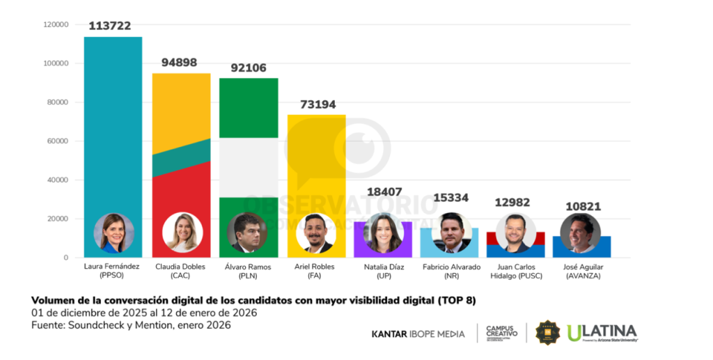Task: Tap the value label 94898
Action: click(x=180, y=62)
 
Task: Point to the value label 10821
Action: click(x=583, y=207)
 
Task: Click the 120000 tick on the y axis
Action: click(x=56, y=24)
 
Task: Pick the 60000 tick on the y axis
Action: click(x=58, y=141)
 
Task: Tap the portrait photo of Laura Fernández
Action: click(x=113, y=233)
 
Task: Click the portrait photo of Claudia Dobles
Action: click(x=182, y=233)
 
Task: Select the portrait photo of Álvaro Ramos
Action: click(x=247, y=233)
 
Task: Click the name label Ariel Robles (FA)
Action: click(x=315, y=272)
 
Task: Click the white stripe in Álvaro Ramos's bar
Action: click(x=249, y=167)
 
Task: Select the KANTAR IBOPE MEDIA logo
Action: click(x=418, y=334)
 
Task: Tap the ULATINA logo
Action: click(x=602, y=333)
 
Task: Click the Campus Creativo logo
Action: click(x=501, y=333)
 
